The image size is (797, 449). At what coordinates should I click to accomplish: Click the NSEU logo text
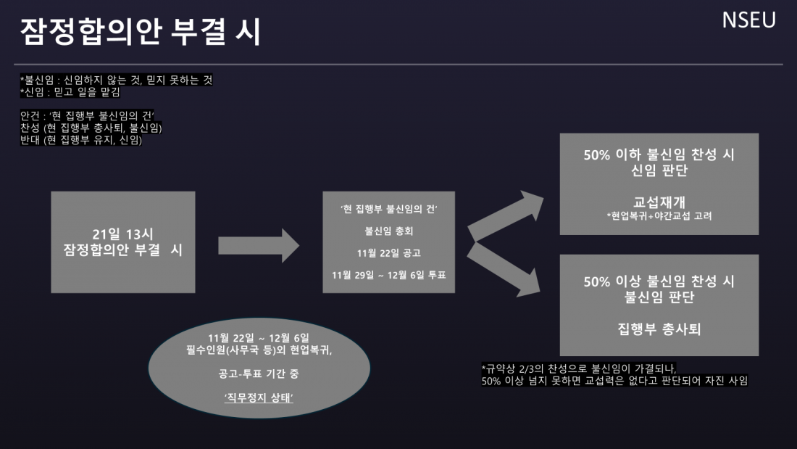[x=748, y=20]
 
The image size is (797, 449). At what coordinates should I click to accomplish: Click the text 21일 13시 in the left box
[x=123, y=234]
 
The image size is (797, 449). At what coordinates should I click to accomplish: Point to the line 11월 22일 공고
[x=388, y=254]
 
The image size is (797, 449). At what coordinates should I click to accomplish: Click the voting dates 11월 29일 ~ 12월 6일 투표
[x=388, y=275]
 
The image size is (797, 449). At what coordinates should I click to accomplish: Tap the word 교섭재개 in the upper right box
[x=659, y=201]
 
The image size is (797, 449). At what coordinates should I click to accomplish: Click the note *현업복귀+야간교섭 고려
[x=659, y=215]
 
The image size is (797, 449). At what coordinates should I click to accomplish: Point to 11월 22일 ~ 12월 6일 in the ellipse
[x=258, y=339]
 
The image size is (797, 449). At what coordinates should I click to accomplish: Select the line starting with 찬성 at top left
[x=91, y=128]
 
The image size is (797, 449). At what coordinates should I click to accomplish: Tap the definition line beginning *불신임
[x=116, y=80]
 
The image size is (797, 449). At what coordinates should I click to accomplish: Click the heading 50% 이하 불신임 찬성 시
[x=659, y=155]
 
